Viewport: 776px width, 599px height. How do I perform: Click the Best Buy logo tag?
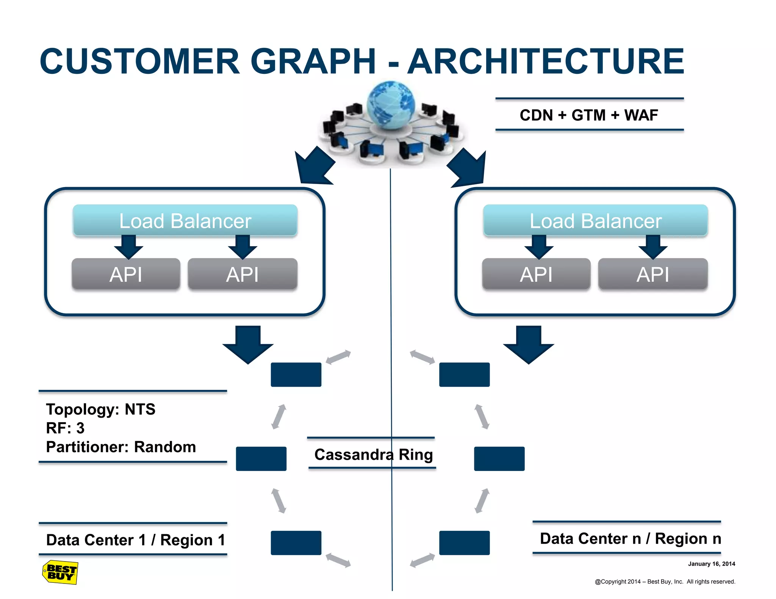[60, 572]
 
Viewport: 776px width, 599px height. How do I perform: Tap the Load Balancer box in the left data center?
[185, 221]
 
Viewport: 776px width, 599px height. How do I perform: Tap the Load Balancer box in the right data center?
[595, 221]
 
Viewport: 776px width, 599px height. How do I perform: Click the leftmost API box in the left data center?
[126, 274]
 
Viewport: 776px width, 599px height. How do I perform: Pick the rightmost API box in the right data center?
[652, 274]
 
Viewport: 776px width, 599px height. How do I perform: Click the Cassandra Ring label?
[373, 454]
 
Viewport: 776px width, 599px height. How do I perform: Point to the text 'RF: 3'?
[65, 428]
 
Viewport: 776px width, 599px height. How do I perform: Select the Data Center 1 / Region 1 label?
[135, 540]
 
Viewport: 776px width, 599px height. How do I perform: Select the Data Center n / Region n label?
[630, 538]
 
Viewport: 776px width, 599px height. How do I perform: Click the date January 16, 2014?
[711, 563]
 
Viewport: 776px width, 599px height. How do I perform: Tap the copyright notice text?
[665, 581]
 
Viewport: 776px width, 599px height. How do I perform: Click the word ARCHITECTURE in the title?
[546, 61]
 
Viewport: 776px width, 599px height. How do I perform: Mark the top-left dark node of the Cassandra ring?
[296, 374]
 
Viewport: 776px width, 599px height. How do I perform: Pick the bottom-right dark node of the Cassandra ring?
[464, 543]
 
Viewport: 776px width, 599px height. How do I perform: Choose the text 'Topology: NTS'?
[100, 409]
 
